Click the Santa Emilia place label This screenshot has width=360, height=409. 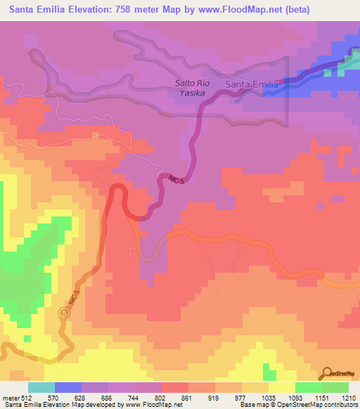pyautogui.click(x=252, y=84)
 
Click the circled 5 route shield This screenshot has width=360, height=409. pyautogui.click(x=65, y=311)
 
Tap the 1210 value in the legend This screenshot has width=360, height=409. pyautogui.click(x=347, y=397)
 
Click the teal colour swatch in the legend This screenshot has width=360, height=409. pyautogui.click(x=41, y=387)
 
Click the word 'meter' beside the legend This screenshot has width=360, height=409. pyautogui.click(x=9, y=397)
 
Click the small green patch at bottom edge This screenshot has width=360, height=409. pyautogui.click(x=267, y=371)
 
